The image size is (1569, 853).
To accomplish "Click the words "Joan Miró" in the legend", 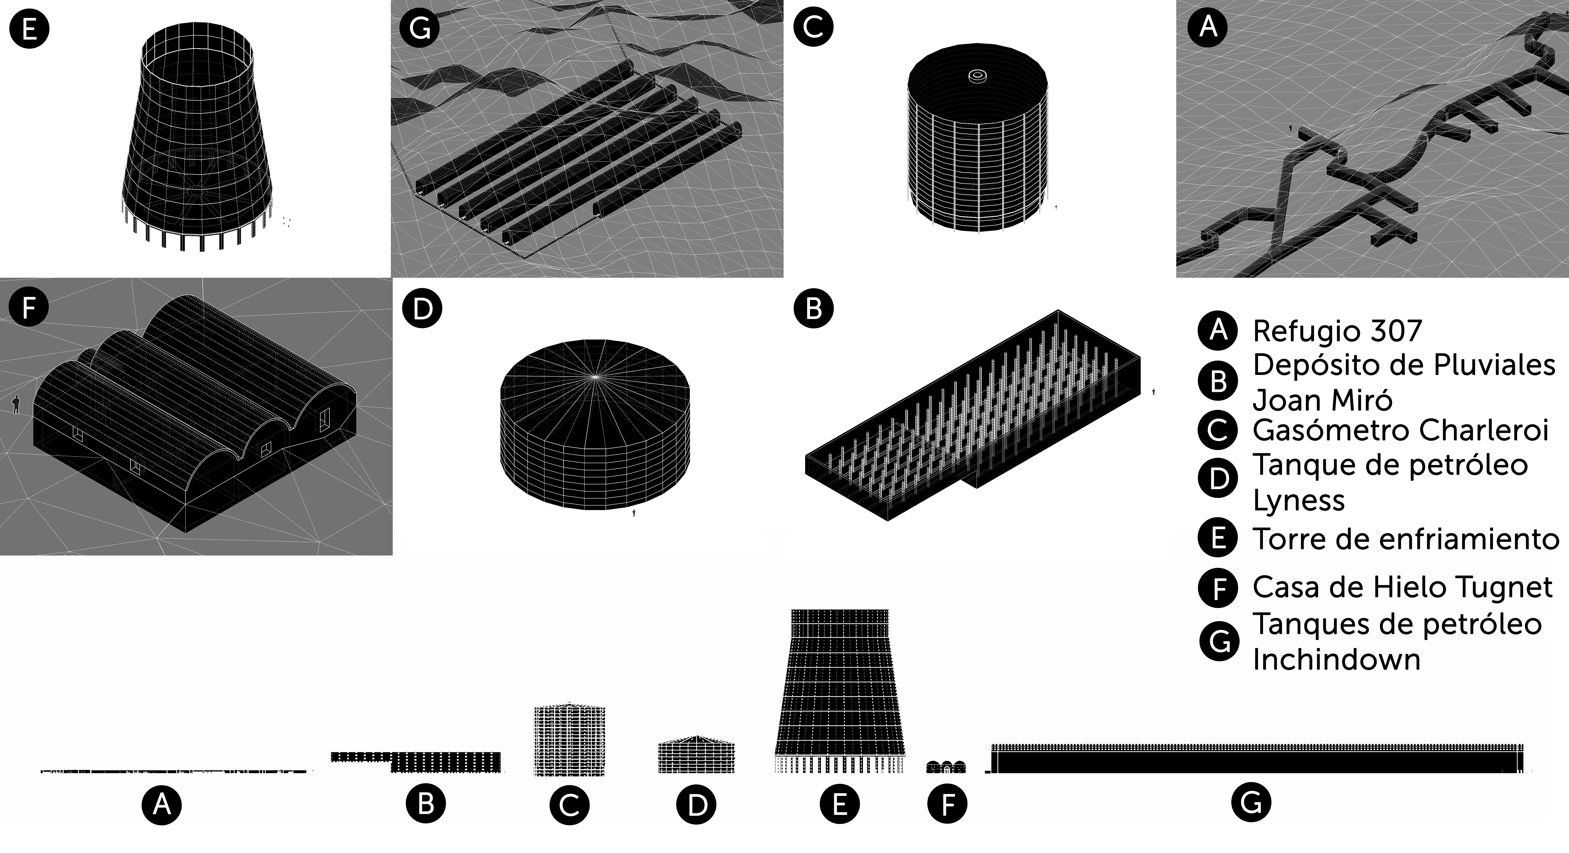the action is [1322, 400].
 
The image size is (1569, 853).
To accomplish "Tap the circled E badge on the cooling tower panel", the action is [29, 29].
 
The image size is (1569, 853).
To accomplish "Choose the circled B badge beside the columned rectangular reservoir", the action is [814, 308].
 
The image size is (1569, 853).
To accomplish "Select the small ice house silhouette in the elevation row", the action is [946, 766].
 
